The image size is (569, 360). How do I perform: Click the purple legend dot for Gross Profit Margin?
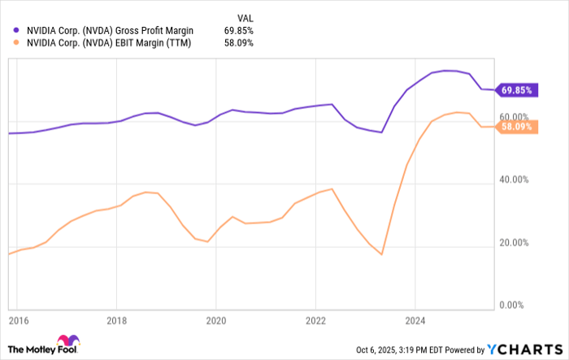[17, 30]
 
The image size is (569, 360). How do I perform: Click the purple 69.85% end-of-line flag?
[517, 89]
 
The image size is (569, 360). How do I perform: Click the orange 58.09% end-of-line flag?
[517, 127]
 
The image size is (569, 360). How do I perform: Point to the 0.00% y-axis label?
[516, 306]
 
